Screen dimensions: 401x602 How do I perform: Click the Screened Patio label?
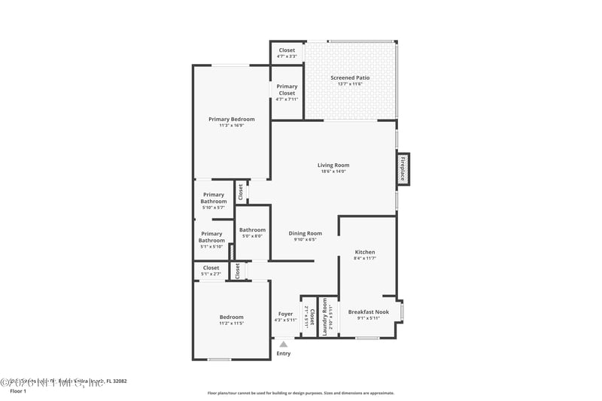tap(350, 77)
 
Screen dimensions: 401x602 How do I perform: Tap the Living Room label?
tap(333, 166)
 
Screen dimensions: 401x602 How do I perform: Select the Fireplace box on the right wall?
tap(403, 169)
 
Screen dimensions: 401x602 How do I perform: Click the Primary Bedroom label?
tap(231, 119)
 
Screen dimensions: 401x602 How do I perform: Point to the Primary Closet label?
tap(287, 90)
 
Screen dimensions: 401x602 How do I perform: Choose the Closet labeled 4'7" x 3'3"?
tap(287, 53)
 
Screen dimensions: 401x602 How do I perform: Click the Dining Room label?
tap(305, 233)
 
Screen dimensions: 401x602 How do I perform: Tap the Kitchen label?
tap(365, 252)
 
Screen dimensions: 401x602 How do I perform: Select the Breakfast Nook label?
tap(368, 311)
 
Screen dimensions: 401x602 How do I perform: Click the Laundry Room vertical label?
tap(325, 316)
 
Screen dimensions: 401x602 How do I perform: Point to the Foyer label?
tap(285, 314)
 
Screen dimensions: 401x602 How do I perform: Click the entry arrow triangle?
tap(284, 345)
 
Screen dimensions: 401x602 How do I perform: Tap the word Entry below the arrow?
tap(284, 354)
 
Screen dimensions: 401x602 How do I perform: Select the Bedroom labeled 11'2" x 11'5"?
tap(231, 317)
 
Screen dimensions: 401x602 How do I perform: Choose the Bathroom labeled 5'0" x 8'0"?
tap(251, 230)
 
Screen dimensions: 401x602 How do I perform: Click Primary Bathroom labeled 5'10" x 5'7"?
tap(213, 199)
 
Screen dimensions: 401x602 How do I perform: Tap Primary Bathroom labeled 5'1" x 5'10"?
tap(211, 237)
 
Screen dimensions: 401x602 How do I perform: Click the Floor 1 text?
tap(17, 391)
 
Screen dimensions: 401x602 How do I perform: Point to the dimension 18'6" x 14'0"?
tap(333, 172)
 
